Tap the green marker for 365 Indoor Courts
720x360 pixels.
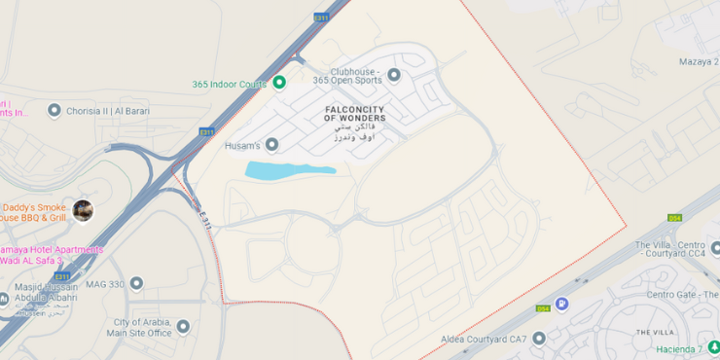tap(279, 83)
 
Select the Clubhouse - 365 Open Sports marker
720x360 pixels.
tap(394, 74)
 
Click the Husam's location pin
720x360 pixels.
tap(271, 145)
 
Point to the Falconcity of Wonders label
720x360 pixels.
tap(355, 113)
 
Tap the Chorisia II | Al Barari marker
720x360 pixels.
tap(54, 110)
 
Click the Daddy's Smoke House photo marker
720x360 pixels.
tap(83, 210)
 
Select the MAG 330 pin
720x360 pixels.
tap(136, 283)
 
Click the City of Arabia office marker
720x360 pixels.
tap(183, 327)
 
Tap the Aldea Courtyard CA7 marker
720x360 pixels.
tap(538, 338)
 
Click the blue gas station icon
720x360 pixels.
tap(561, 304)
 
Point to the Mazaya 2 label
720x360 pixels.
tap(697, 61)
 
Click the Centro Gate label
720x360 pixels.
tap(681, 294)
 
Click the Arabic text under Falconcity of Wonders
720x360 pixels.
tap(354, 132)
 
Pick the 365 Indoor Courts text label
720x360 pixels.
tap(229, 84)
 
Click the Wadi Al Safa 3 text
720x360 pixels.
tap(32, 261)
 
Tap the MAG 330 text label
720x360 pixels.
tap(104, 284)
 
